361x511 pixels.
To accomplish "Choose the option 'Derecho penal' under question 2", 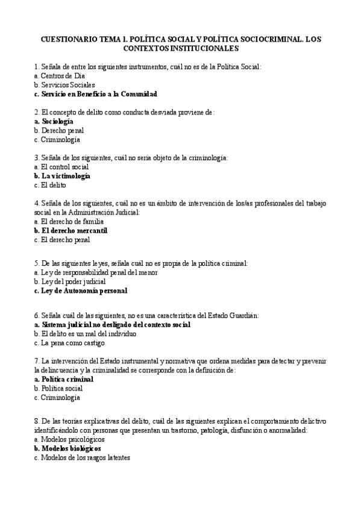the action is (x=63, y=130).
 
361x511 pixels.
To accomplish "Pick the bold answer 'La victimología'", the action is (x=66, y=176).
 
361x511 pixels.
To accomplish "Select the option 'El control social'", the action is (x=65, y=167).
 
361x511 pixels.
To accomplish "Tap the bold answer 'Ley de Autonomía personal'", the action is (x=84, y=290).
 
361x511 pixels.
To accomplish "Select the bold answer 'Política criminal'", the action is (x=67, y=379).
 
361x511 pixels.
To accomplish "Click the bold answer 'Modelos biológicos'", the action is (x=71, y=448).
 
